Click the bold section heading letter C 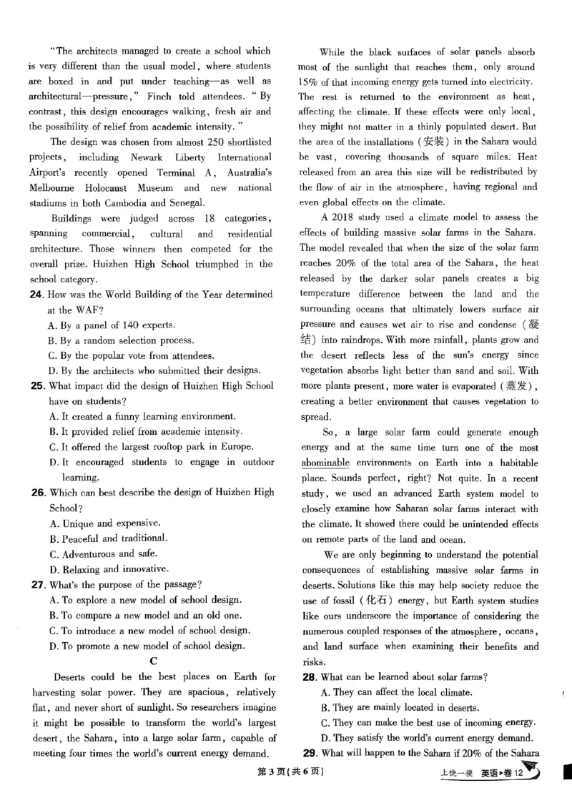coord(153,661)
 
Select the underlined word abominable coord(325,463)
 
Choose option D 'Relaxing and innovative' coord(107,569)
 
